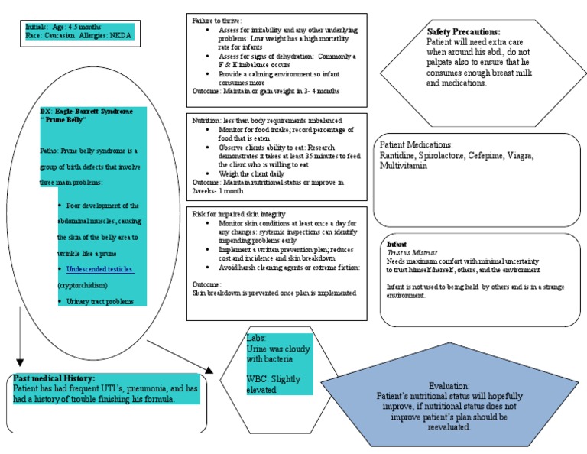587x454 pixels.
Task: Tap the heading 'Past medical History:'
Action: (55, 378)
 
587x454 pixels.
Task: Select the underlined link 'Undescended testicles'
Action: (100, 270)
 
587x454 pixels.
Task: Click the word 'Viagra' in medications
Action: (516, 156)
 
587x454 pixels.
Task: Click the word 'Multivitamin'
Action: (404, 166)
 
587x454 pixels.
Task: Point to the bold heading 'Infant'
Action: (397, 244)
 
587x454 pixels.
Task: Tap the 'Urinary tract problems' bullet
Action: (100, 302)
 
